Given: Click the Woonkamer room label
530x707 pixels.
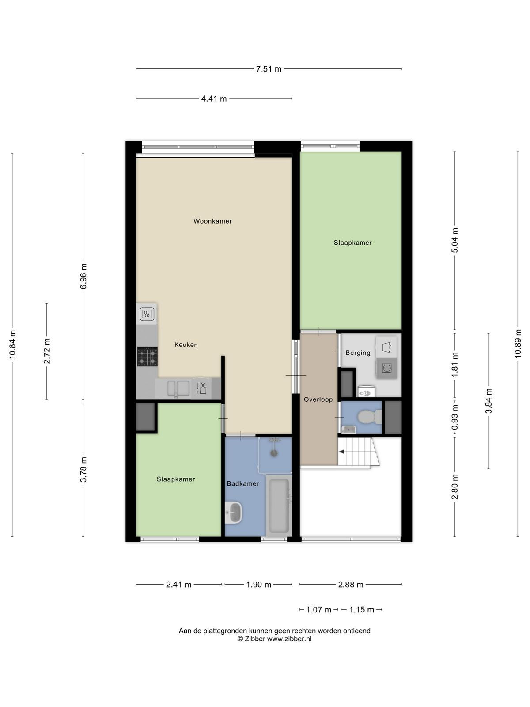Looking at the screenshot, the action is tap(212, 221).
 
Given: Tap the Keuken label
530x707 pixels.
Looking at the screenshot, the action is tap(186, 345).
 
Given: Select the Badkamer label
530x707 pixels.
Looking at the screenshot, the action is tap(242, 483).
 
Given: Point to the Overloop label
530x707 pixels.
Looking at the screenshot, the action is tap(318, 399).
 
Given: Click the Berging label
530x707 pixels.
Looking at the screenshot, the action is tap(358, 353).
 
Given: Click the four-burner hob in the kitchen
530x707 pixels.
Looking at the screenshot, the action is tap(148, 357).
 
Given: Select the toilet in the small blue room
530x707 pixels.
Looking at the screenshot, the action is tap(370, 417).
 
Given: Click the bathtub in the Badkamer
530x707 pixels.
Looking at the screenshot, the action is tap(279, 506).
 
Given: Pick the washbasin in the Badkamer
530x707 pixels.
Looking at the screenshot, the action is tap(234, 512).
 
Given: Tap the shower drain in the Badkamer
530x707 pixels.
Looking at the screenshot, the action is tap(274, 453).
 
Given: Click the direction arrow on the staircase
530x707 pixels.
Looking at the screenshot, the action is tap(342, 452).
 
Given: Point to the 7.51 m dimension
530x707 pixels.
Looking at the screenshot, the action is tap(269, 69).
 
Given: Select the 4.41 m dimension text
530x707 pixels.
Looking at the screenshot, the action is tap(214, 99).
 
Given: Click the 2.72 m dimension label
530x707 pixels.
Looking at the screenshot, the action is tap(47, 351).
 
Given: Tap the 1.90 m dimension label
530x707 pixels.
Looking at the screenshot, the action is tap(259, 584).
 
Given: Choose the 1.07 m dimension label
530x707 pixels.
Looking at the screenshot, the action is tap(318, 610).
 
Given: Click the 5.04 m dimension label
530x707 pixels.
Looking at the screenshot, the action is tap(455, 240).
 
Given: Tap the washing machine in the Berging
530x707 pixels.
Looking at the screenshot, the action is tap(386, 368).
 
